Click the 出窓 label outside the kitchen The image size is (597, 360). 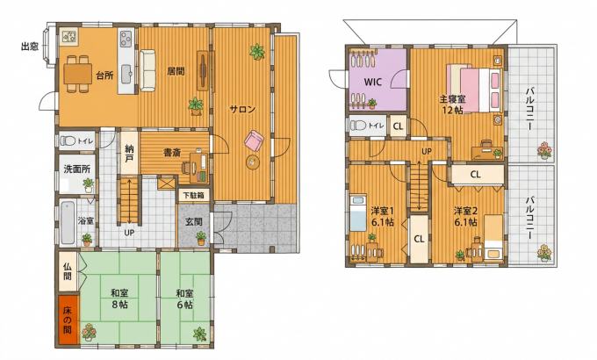[x=29, y=47]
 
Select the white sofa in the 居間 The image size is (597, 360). [x=147, y=70]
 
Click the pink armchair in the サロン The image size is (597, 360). [x=254, y=140]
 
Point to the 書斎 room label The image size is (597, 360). [x=172, y=153]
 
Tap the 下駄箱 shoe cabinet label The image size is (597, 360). [x=193, y=196]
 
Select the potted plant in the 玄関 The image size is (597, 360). [x=201, y=239]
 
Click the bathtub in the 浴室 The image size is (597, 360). [x=68, y=222]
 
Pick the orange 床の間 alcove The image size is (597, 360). [x=68, y=320]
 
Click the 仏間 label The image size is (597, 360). [x=68, y=270]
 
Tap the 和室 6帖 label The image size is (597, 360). [x=184, y=299]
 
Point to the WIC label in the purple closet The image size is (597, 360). [x=373, y=82]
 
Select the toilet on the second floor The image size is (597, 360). [x=358, y=126]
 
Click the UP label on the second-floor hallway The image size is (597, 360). [x=427, y=151]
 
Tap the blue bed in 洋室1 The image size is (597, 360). [x=358, y=213]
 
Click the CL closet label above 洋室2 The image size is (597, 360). [x=475, y=175]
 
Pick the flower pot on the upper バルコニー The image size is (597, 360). [x=544, y=150]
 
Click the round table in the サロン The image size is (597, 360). [x=253, y=162]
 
